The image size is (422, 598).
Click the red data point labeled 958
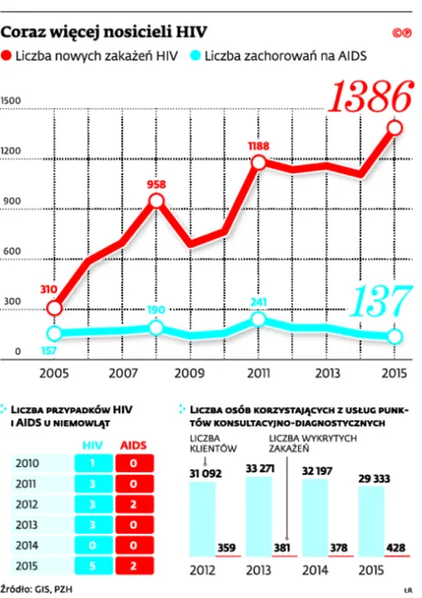pos(158,200)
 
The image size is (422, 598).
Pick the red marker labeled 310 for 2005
pos(55,307)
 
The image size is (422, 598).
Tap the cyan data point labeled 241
pos(259,319)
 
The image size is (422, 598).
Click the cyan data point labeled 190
pos(158,327)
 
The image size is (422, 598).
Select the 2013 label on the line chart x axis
pos(328,373)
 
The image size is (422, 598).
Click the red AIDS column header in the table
pos(134,445)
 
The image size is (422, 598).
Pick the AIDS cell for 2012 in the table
pos(134,504)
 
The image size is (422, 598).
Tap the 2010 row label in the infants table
pos(28,464)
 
